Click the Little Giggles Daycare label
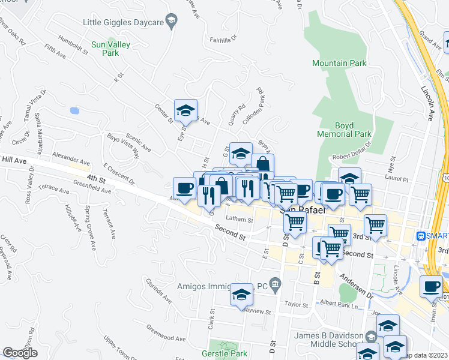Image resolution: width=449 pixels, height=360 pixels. pyautogui.click(x=124, y=22)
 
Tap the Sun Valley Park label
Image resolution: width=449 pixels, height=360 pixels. pyautogui.click(x=105, y=49)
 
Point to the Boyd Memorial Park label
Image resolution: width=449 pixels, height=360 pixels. pyautogui.click(x=345, y=129)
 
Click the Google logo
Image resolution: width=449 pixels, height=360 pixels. pyautogui.click(x=20, y=353)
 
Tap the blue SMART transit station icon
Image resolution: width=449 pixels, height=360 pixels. pyautogui.click(x=421, y=236)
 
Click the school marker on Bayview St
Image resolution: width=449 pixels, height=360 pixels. pyautogui.click(x=241, y=295)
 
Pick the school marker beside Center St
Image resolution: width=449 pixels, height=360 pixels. pyautogui.click(x=185, y=110)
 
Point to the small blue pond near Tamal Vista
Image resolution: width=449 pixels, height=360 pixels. pyautogui.click(x=74, y=111)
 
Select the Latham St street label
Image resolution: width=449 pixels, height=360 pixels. pyautogui.click(x=240, y=220)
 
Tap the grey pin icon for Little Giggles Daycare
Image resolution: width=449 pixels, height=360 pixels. pyautogui.click(x=172, y=22)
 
